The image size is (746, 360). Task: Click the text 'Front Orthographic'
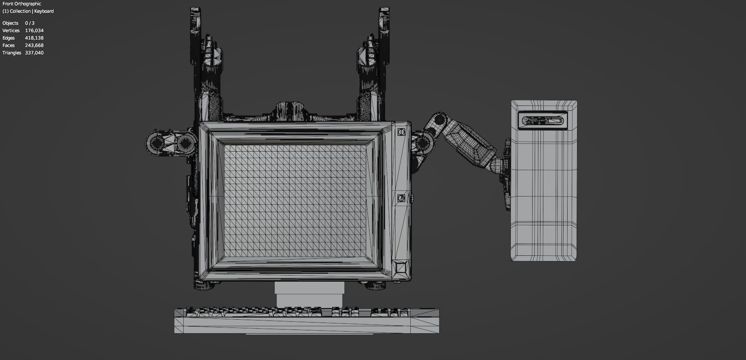22,4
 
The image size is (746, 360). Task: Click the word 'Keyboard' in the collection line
44,11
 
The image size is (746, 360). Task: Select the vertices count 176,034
34,30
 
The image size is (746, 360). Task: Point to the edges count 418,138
34,38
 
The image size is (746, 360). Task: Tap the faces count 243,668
34,45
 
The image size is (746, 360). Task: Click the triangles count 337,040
34,53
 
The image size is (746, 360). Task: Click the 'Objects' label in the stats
10,23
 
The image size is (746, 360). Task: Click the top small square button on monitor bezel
401,133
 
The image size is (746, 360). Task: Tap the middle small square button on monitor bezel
401,198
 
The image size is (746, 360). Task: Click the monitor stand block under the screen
309,295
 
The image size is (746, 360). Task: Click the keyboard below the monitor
306,320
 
